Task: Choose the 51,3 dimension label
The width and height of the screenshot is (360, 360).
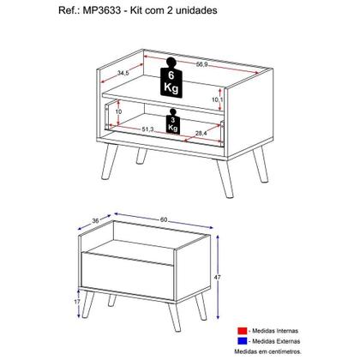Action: [x=147, y=129]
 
